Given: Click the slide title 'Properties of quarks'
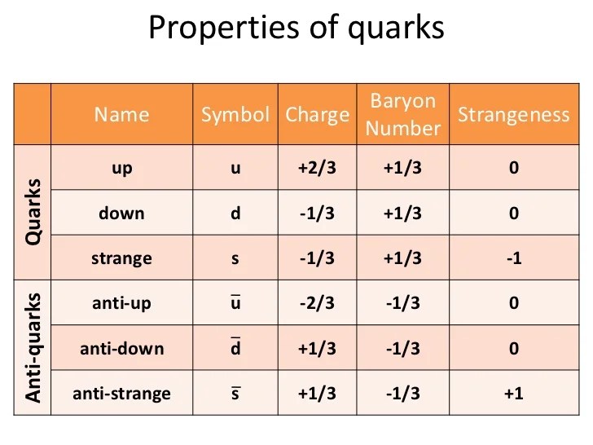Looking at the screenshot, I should click(296, 29).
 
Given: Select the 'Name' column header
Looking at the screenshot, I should click(121, 115).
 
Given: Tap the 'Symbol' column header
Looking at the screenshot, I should click(235, 115).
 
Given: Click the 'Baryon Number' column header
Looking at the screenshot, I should click(403, 115).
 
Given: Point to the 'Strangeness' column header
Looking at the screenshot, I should click(513, 115).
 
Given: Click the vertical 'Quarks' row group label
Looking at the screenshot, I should click(33, 211).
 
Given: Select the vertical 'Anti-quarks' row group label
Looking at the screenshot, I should click(33, 347).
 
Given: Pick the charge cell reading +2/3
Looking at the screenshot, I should click(317, 169).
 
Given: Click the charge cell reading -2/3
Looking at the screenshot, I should click(317, 303).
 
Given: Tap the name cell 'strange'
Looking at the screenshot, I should click(121, 258).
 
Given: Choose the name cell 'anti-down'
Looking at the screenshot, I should click(121, 349).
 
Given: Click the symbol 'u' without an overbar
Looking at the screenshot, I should click(235, 169).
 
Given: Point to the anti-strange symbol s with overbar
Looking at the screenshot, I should click(235, 394).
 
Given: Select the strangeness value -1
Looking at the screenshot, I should click(513, 258).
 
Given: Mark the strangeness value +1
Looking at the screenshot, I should click(513, 394).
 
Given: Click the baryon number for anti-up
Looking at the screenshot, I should click(403, 303).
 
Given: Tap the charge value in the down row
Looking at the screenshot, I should click(317, 214).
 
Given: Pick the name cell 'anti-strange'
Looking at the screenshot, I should click(121, 394).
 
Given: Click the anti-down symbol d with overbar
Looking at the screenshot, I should click(235, 349).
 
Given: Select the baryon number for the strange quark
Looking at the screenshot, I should click(403, 258).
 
